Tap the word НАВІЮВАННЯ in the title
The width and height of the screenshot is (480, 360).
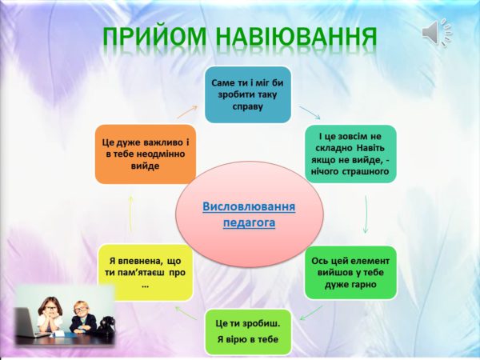(x=296, y=37)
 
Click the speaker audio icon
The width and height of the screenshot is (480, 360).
(x=437, y=32)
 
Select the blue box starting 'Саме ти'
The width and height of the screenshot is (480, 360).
(x=248, y=94)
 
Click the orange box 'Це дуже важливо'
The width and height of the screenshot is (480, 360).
(x=146, y=154)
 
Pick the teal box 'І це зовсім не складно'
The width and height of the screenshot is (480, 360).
(x=350, y=154)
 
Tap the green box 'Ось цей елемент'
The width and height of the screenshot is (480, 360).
(x=350, y=273)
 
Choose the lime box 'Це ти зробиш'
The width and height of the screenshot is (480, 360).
(x=248, y=332)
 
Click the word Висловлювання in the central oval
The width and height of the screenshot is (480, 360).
(x=249, y=206)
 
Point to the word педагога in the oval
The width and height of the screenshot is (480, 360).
(x=249, y=223)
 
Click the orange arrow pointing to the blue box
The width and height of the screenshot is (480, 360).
(x=187, y=112)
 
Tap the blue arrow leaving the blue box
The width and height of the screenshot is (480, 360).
(x=310, y=112)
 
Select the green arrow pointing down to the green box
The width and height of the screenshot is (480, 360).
(x=366, y=214)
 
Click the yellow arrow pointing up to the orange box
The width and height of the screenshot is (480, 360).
(x=130, y=214)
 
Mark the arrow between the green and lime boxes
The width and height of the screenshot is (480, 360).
(x=311, y=313)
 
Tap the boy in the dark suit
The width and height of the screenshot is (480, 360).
(x=82, y=318)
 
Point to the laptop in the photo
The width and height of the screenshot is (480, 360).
(x=26, y=322)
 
